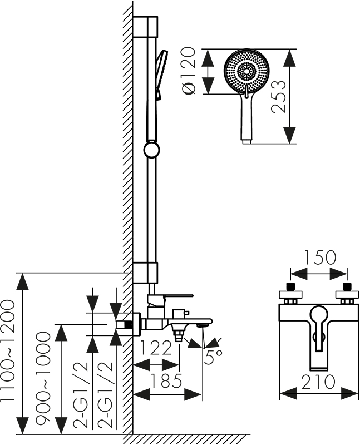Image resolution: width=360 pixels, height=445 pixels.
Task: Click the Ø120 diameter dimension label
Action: [190, 72]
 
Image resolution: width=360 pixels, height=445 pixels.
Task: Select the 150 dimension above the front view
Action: [320, 258]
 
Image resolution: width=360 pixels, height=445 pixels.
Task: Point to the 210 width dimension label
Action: [319, 382]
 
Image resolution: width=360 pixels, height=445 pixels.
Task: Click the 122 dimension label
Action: [156, 349]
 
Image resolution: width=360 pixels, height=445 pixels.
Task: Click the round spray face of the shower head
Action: [246, 71]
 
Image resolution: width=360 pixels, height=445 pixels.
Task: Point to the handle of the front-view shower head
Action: [246, 117]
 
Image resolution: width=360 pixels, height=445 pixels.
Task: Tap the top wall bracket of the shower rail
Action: [146, 27]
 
